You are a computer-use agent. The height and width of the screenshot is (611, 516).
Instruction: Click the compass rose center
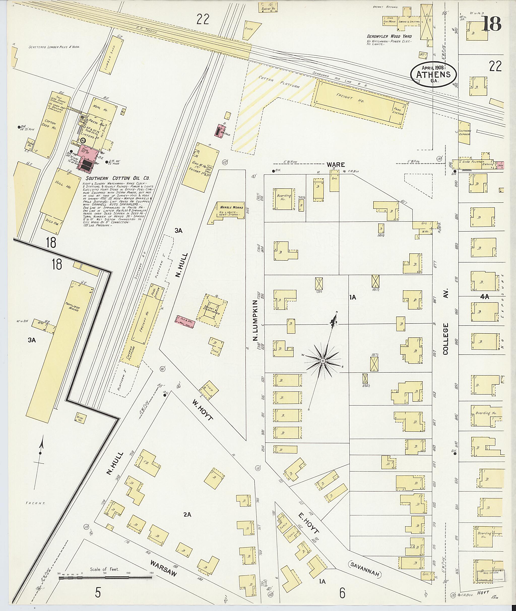(x=323, y=361)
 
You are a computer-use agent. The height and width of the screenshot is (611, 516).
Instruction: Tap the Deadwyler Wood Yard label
(x=389, y=36)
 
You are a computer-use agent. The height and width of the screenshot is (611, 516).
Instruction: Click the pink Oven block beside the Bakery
(x=500, y=165)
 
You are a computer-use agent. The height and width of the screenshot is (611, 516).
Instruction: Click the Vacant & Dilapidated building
(x=212, y=310)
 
